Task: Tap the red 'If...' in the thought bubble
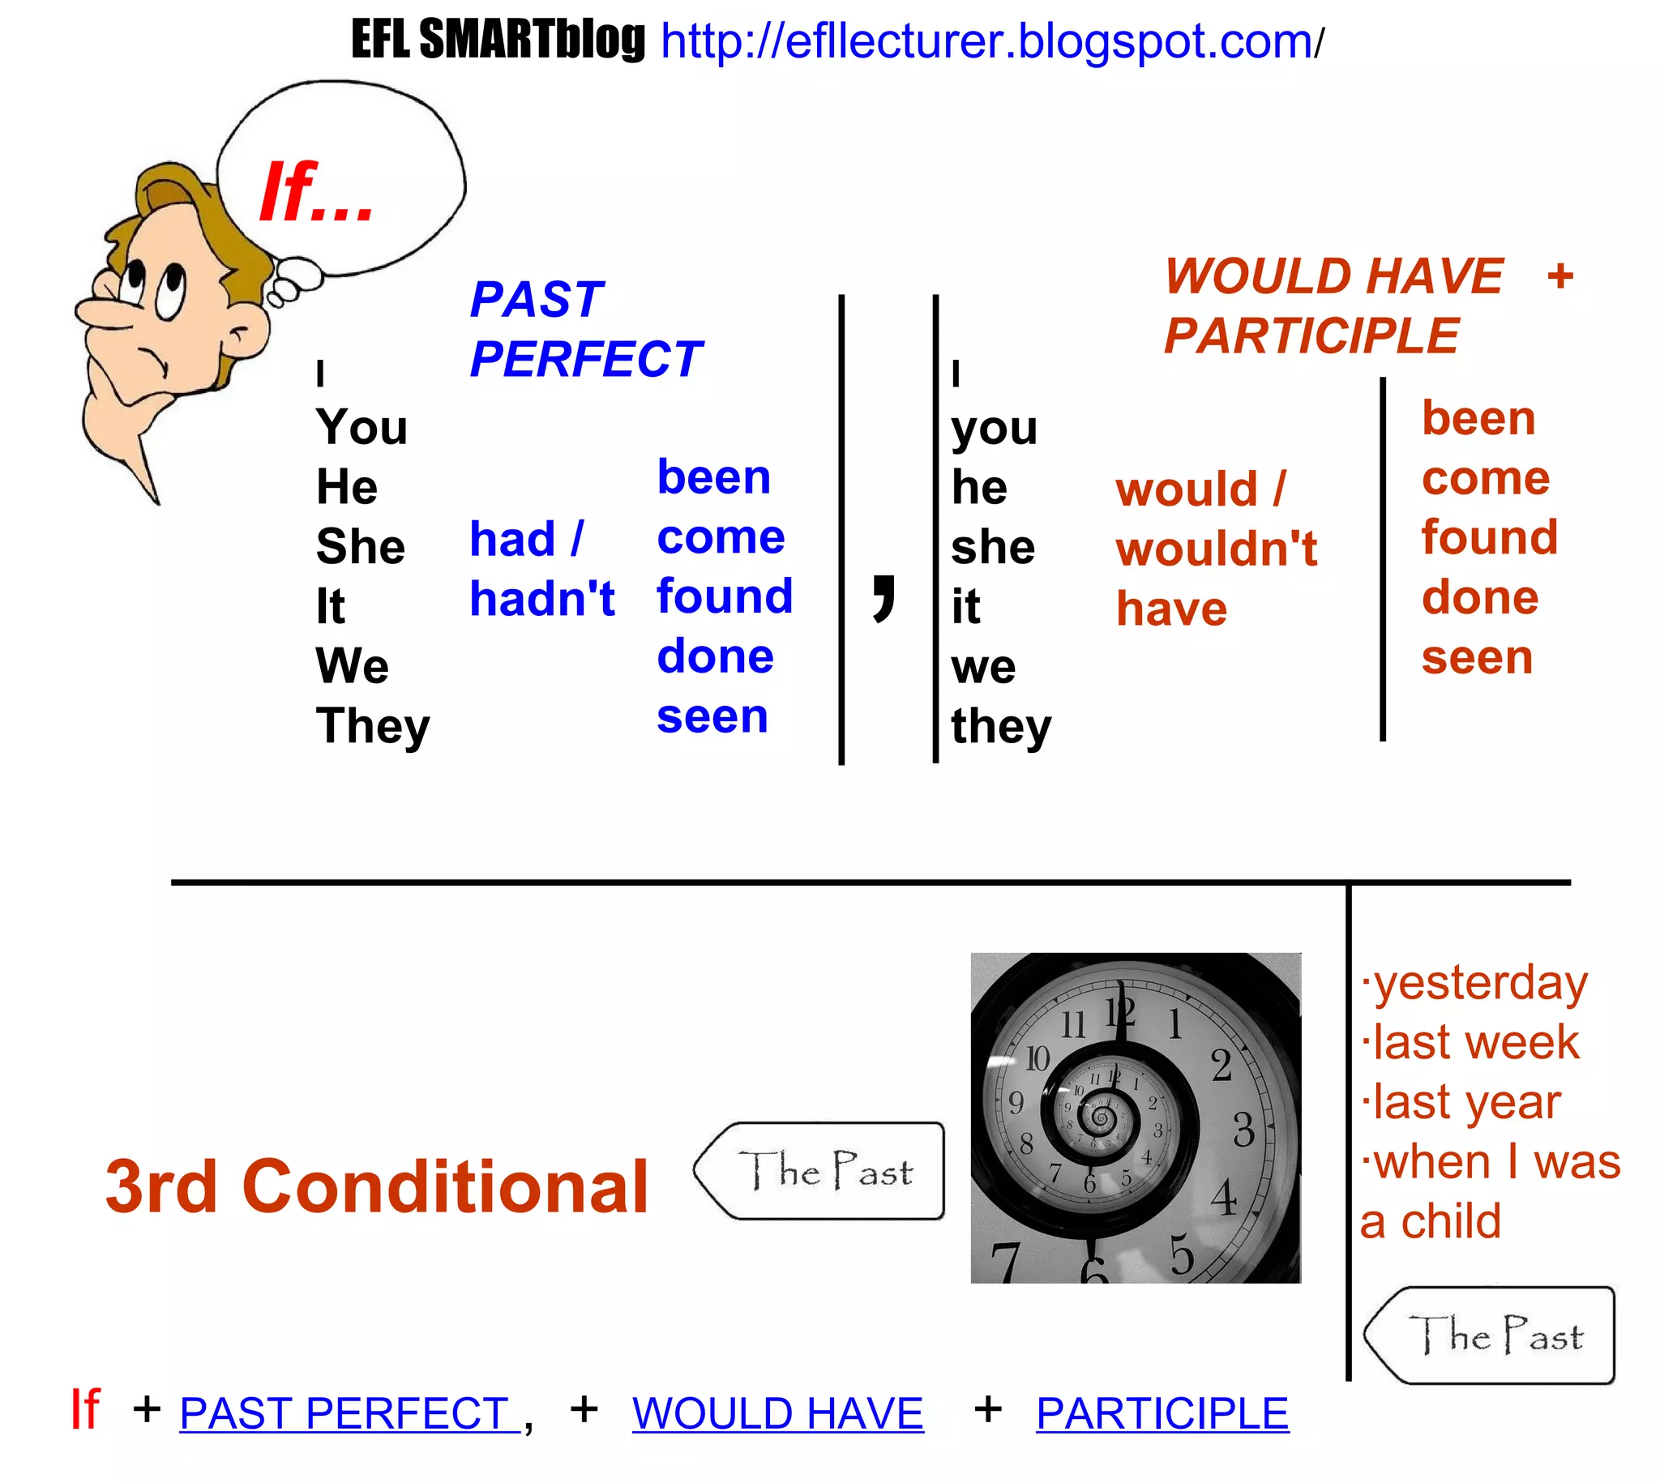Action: pyautogui.click(x=316, y=192)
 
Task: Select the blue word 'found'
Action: pyautogui.click(x=725, y=596)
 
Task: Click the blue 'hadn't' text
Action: pyautogui.click(x=542, y=599)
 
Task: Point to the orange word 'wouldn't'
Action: pyautogui.click(x=1216, y=549)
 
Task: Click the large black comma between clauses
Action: pyautogui.click(x=883, y=596)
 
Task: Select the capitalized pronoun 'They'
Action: pyautogui.click(x=372, y=725)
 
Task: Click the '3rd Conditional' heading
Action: pyautogui.click(x=376, y=1186)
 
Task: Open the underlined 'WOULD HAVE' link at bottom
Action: pyautogui.click(x=777, y=1413)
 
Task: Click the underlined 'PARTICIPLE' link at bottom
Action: pyautogui.click(x=1162, y=1413)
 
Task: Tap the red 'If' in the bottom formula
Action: pyautogui.click(x=85, y=1410)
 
